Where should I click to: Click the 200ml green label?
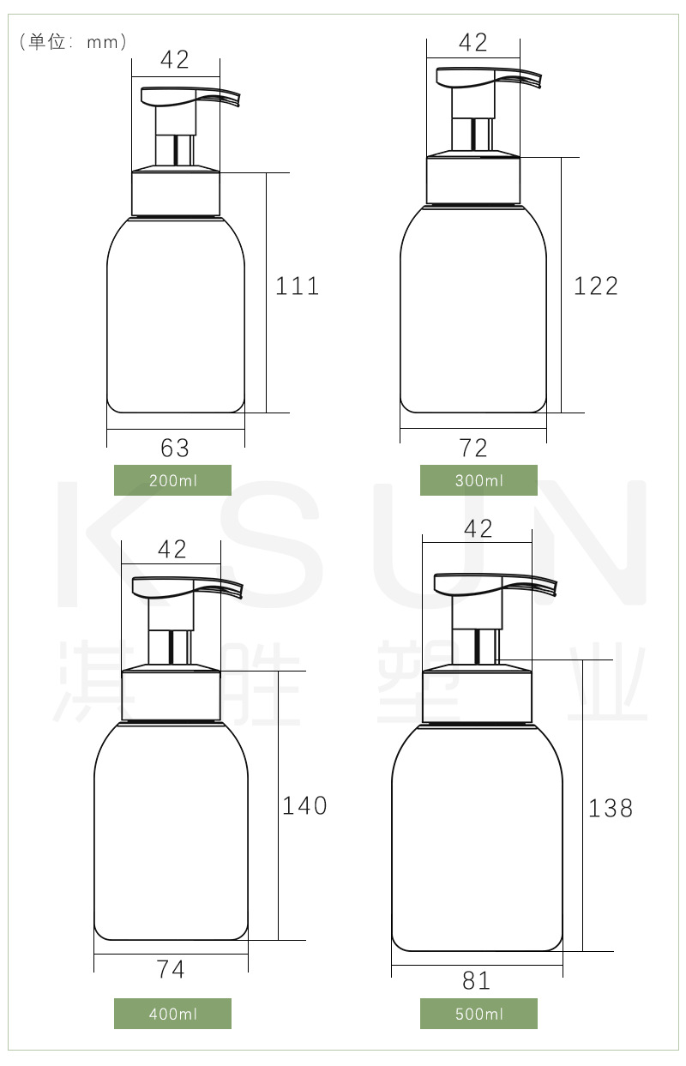pos(172,480)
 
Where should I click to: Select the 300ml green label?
pos(478,480)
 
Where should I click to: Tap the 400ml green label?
pos(172,1014)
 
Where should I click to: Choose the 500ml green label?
pos(478,1014)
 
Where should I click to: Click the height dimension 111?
pos(298,286)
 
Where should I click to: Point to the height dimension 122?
pos(596,286)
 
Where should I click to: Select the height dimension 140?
pos(304,805)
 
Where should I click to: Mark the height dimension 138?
pos(611,808)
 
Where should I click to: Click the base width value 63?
pos(175,448)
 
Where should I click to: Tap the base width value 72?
pos(473,448)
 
